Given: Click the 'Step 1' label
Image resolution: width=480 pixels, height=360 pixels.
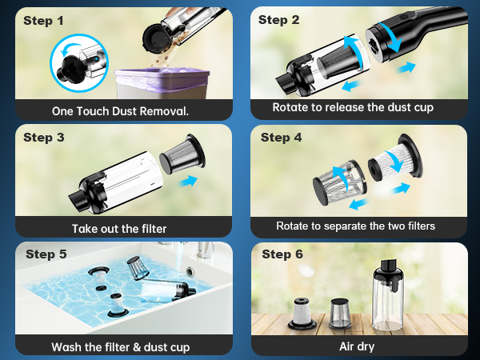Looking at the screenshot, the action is click(x=43, y=21).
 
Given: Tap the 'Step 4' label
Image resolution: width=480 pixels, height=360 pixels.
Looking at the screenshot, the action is click(x=281, y=138).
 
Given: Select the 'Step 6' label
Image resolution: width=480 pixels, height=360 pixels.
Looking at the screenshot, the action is click(x=282, y=254).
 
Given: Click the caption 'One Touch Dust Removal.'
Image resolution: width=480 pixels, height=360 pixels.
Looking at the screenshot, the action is click(x=120, y=111).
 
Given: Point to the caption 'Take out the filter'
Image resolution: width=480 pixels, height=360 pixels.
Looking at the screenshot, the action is click(x=119, y=229).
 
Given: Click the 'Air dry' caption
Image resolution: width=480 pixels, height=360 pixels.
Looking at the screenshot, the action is click(x=357, y=346).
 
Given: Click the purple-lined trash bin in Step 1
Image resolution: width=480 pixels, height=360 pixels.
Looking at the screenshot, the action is click(x=162, y=83).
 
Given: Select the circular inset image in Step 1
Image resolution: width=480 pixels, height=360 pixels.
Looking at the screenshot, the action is click(x=79, y=63).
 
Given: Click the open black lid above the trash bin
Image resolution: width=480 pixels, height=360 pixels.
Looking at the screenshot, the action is click(x=154, y=37).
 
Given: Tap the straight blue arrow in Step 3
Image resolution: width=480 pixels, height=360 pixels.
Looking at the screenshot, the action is click(x=188, y=181).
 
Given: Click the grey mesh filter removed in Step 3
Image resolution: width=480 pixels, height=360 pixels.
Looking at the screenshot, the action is click(x=182, y=155).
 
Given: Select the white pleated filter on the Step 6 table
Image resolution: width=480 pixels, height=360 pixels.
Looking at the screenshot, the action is click(x=302, y=313).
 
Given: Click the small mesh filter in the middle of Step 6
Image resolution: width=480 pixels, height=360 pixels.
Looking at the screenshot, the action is click(x=340, y=314).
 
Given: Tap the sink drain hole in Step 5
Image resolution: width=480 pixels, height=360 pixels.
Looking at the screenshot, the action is click(x=190, y=271).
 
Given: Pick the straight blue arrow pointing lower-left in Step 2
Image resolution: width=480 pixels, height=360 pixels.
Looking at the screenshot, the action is click(x=352, y=86).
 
